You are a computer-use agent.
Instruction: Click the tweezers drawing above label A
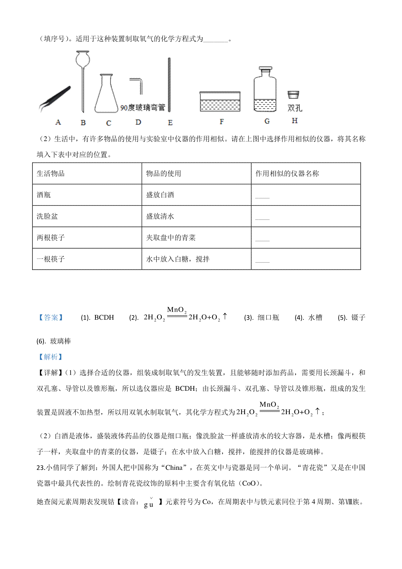56,98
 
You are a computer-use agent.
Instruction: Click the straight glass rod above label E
169,85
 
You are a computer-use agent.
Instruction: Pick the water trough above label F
220,102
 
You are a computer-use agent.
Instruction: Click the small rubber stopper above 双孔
293,95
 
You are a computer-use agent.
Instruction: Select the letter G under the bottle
267,121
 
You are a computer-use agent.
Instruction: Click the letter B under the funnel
83,123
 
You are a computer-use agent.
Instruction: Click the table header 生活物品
51,174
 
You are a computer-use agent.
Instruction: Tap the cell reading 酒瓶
44,195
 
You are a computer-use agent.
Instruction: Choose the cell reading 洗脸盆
47,216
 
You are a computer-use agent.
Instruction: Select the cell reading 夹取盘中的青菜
171,238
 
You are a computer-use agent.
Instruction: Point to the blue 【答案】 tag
51,318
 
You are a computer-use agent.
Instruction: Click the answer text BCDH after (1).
104,318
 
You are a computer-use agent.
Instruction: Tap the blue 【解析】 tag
51,357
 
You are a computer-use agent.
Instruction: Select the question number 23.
41,468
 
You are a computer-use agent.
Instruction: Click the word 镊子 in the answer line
358,318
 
